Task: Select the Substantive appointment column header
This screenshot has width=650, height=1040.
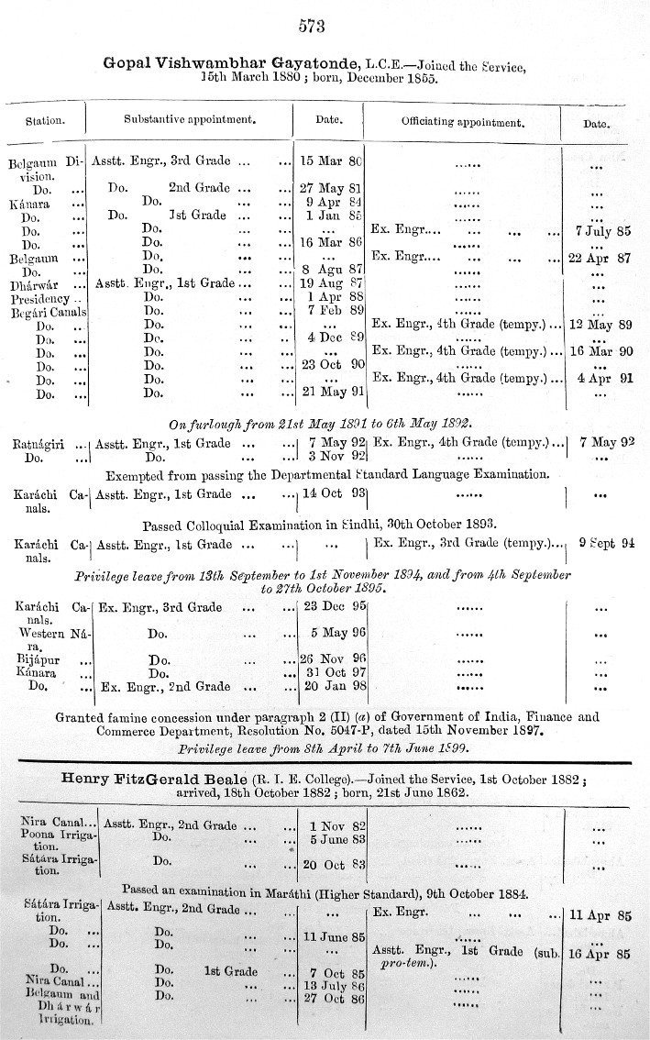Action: tap(189, 120)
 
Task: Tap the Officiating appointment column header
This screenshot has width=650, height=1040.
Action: tap(462, 121)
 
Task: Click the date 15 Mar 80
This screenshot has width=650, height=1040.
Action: tap(332, 161)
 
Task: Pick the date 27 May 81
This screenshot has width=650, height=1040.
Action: tap(332, 188)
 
